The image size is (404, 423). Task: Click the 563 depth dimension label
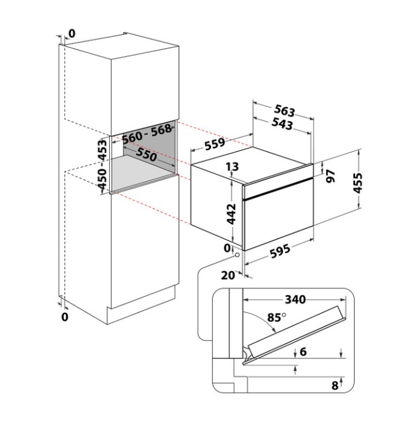tap(285, 111)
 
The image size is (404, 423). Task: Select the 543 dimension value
tap(282, 124)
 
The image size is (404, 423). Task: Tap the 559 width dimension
tap(215, 144)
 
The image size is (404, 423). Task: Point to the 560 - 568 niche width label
tap(147, 134)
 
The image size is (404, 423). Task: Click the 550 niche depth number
tap(147, 154)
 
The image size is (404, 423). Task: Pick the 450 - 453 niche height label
tap(103, 164)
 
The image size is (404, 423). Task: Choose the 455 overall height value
tap(358, 183)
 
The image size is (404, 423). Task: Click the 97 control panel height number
tap(330, 176)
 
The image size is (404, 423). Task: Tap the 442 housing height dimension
tap(232, 214)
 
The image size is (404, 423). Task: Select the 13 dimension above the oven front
tap(232, 166)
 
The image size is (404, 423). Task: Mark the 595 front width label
tap(280, 251)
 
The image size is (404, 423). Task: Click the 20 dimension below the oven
tap(228, 275)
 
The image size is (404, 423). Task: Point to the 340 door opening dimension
tap(295, 299)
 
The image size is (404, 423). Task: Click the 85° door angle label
tap(277, 318)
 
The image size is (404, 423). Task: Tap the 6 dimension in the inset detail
tap(303, 352)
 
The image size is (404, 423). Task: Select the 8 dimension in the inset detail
tap(335, 386)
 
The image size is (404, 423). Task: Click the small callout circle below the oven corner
tap(237, 255)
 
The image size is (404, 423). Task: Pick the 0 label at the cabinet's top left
tap(72, 34)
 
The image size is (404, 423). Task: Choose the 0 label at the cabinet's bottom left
tap(65, 317)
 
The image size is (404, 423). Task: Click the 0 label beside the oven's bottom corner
tap(227, 248)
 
